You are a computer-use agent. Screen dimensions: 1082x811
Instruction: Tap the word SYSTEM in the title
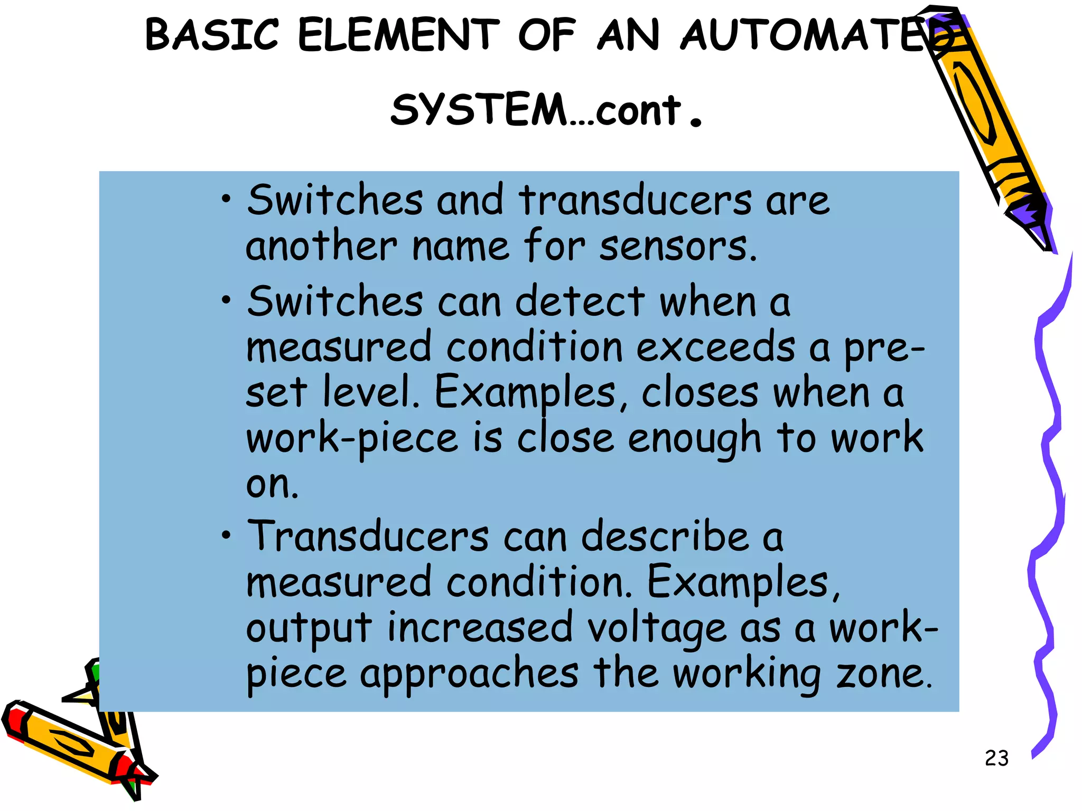pos(479,110)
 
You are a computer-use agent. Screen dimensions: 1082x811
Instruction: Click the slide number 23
pos(996,758)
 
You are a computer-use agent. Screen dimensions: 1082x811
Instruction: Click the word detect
pos(580,302)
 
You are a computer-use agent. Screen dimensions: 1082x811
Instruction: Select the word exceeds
pos(715,347)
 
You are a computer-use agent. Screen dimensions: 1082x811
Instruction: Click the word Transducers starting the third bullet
pos(368,536)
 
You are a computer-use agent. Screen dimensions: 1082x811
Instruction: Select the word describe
pos(665,536)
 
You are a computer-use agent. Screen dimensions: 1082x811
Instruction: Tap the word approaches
pos(469,675)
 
